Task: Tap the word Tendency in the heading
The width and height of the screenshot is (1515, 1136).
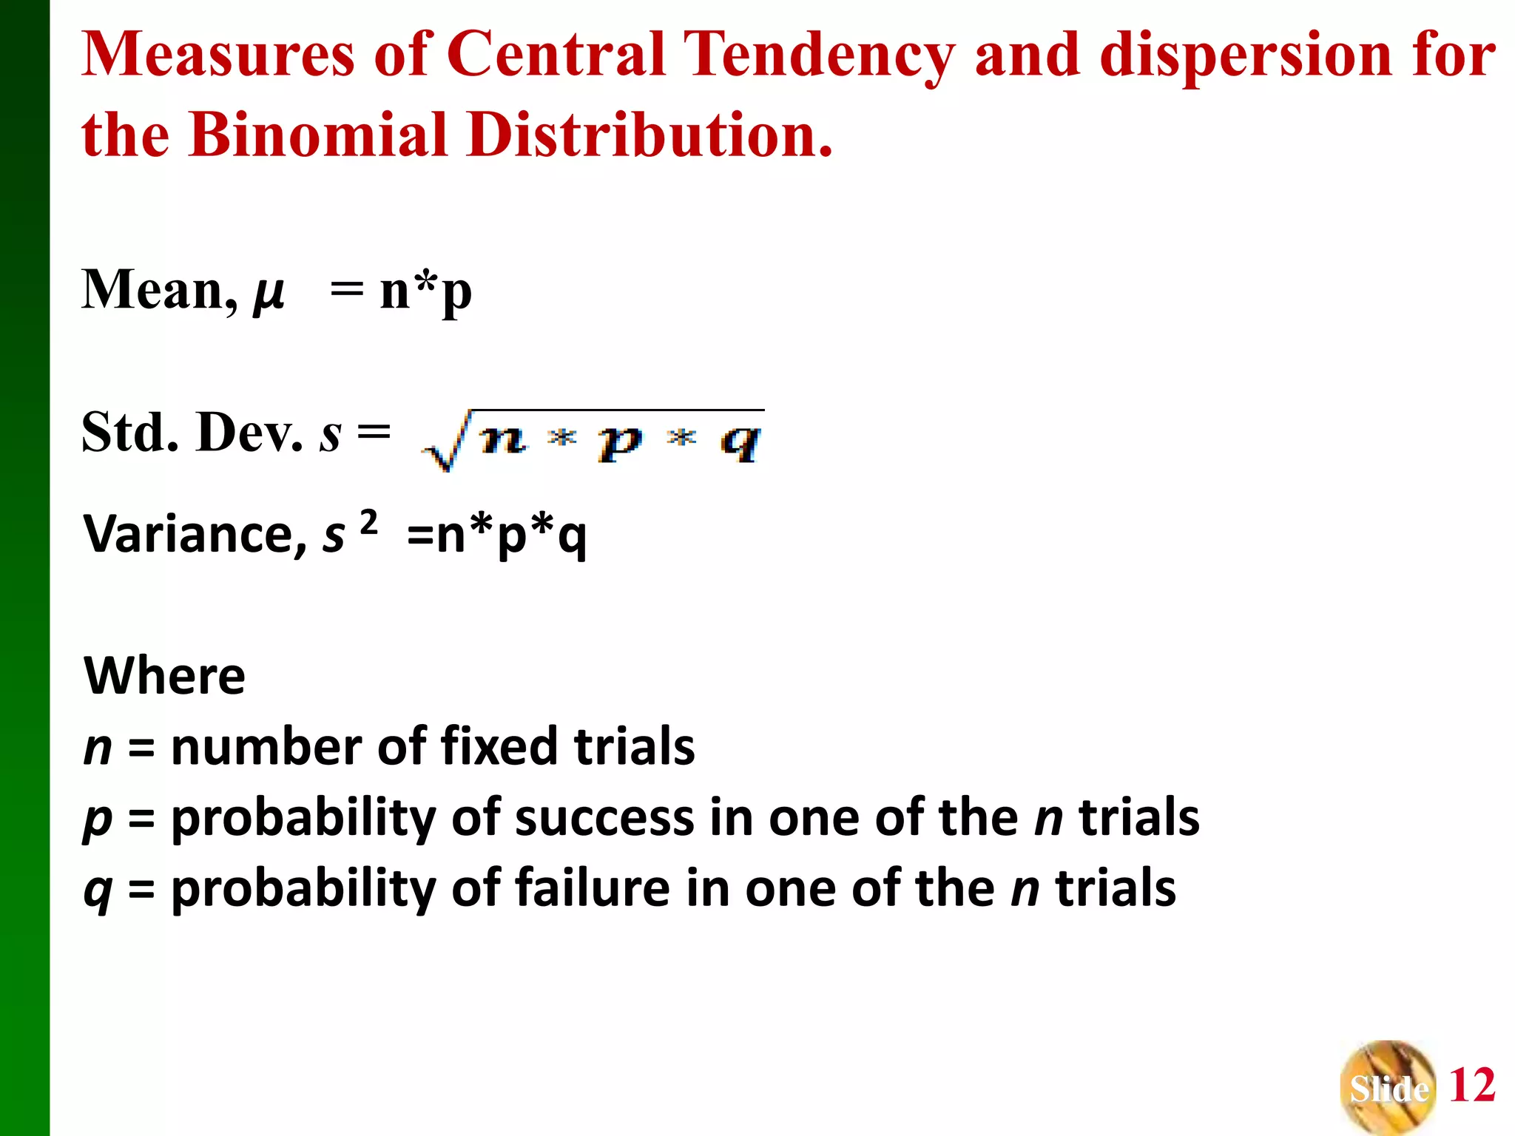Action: coord(818,55)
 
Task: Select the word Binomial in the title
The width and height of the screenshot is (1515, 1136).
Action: coord(318,135)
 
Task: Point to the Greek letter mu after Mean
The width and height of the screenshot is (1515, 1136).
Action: coord(268,291)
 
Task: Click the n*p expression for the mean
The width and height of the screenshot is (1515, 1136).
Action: coord(426,291)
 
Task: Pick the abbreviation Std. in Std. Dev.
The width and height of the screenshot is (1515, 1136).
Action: coord(130,432)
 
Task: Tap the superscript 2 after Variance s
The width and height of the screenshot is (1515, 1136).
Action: coord(368,522)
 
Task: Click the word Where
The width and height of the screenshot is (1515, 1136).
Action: coord(164,676)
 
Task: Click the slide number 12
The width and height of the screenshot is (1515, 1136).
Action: coord(1472,1086)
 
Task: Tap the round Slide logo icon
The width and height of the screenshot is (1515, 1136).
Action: coord(1388,1087)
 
